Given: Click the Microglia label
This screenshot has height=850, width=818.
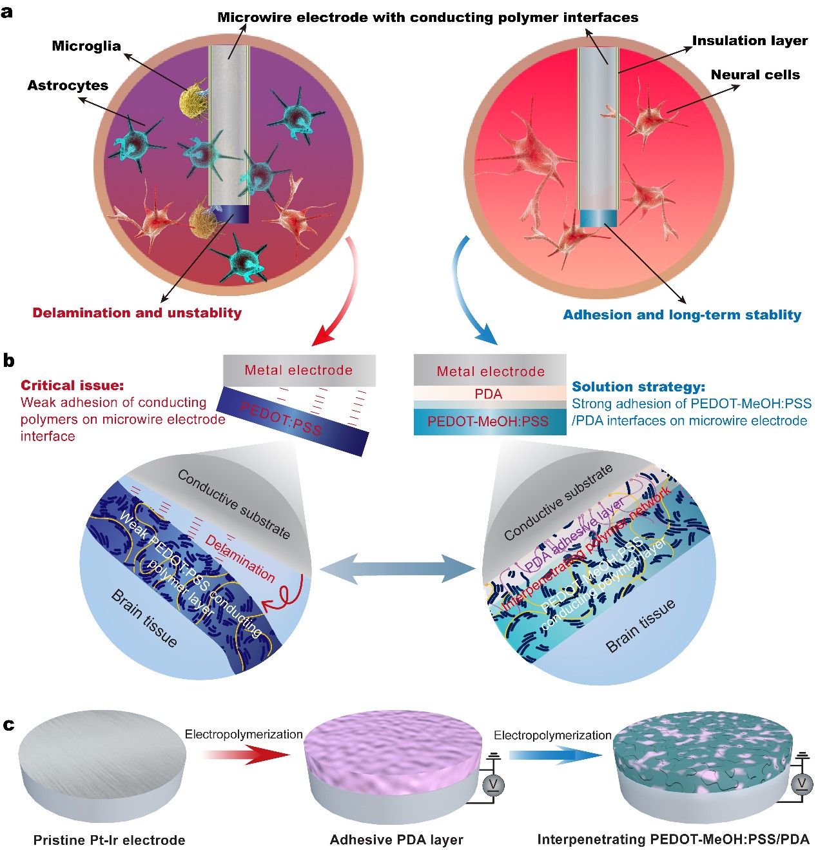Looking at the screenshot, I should point(86,46).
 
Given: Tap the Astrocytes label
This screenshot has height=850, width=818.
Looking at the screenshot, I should point(68,85).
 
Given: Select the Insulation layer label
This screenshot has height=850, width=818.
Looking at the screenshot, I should point(750,41).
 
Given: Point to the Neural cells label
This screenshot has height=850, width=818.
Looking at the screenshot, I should point(755,75).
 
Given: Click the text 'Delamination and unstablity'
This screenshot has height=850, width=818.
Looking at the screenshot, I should point(137,313).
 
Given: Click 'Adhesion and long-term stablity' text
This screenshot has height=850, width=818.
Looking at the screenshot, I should point(682,315).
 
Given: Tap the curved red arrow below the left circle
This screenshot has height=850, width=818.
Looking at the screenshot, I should point(342,297).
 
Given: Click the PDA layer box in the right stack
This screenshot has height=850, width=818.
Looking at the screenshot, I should point(489,394).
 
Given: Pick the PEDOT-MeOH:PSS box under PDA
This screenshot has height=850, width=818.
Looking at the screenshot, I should point(489,422).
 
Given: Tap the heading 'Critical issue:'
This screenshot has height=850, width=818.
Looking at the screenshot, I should point(72,385).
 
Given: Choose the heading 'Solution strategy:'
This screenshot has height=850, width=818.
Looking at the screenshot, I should point(638,387).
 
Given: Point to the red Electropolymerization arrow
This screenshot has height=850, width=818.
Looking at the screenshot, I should point(245,754).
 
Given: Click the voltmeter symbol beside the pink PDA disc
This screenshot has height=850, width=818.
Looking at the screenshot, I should point(493,785).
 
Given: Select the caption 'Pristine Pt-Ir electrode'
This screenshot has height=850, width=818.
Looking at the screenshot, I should point(109,840).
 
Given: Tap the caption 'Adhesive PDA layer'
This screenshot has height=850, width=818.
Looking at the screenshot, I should point(396,840).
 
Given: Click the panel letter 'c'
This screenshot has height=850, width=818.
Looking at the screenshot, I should point(8,725).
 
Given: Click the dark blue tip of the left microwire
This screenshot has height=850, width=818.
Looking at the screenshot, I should point(230,213).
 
